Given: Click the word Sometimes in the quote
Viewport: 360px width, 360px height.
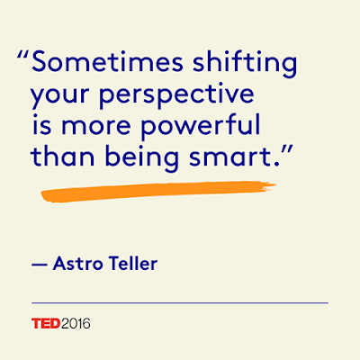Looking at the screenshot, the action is coord(107,62).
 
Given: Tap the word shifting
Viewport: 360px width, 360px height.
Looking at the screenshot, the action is coord(245,65).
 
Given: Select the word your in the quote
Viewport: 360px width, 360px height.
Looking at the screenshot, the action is coord(60,97).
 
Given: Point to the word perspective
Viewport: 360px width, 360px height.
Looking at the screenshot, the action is coord(176,95).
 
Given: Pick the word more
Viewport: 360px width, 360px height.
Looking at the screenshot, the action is coord(96,126).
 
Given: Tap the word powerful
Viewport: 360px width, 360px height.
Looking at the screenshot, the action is coord(200,126).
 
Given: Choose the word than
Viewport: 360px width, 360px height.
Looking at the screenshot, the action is coord(63,156).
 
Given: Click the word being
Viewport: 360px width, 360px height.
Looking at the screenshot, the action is coord(142,158).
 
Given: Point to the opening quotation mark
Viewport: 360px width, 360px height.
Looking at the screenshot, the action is coord(23,56).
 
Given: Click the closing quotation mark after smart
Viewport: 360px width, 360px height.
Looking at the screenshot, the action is coord(286,150).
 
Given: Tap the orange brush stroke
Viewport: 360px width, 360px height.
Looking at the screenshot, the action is coord(158,191).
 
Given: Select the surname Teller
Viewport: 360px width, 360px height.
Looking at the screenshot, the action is coord(133,263).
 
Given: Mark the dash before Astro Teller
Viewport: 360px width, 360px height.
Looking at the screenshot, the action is coord(40,265).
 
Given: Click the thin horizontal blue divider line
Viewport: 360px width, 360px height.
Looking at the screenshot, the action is coord(180,303).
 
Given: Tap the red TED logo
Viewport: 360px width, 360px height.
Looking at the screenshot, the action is coord(46,323).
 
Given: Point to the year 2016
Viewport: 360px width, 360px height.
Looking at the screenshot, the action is coord(76,324).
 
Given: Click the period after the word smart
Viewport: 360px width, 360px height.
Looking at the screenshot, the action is coord(276,164).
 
